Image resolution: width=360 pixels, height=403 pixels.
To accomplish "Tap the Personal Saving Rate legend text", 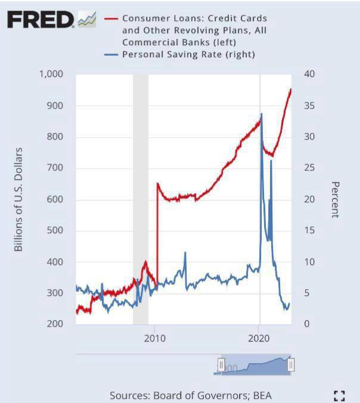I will pyautogui.click(x=188, y=54).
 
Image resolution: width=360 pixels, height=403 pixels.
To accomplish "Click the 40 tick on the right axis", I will pyautogui.click(x=309, y=74).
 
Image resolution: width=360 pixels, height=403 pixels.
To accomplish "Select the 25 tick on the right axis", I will pyautogui.click(x=309, y=168).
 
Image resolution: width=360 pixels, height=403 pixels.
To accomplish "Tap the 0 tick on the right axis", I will pyautogui.click(x=306, y=324).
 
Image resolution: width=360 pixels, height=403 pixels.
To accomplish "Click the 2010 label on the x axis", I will pyautogui.click(x=154, y=338).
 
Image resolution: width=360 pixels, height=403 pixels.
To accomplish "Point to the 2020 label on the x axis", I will pyautogui.click(x=259, y=338).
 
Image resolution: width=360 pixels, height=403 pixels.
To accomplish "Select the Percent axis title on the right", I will pyautogui.click(x=334, y=200).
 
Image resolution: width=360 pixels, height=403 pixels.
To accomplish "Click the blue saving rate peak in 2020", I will pyautogui.click(x=261, y=114).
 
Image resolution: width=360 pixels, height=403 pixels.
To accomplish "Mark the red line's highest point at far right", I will pyautogui.click(x=290, y=89).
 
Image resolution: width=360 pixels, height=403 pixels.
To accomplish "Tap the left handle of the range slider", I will pyautogui.click(x=221, y=365).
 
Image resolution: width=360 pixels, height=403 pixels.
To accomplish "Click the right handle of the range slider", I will pyautogui.click(x=291, y=365).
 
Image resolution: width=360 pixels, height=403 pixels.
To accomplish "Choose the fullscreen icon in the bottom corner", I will pyautogui.click(x=340, y=395).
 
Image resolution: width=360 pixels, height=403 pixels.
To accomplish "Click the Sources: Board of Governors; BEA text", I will pyautogui.click(x=191, y=395).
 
